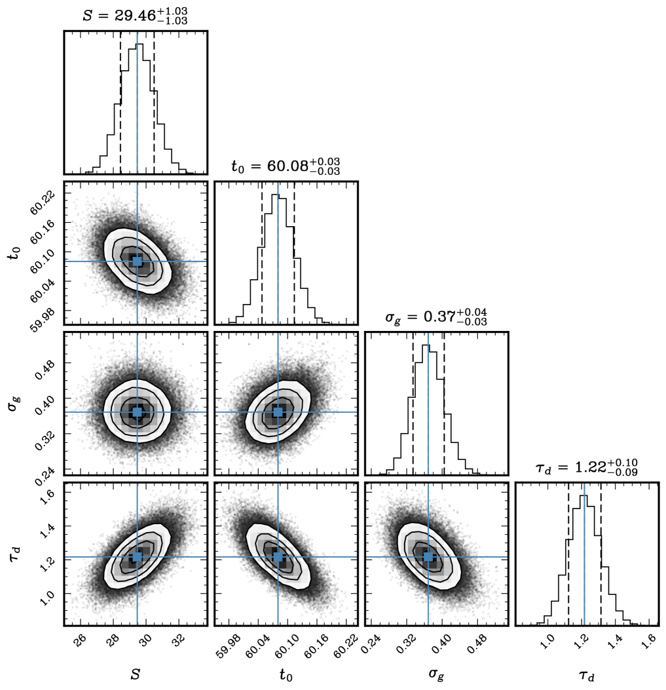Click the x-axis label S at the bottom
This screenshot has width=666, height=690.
pyautogui.click(x=135, y=674)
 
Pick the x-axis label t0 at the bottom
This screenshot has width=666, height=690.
pyautogui.click(x=286, y=674)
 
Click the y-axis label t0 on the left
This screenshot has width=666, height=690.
pyautogui.click(x=13, y=253)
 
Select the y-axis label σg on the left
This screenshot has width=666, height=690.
pyautogui.click(x=13, y=404)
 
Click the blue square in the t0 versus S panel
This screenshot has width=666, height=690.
pyautogui.click(x=137, y=261)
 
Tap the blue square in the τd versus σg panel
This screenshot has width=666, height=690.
pyautogui.click(x=428, y=557)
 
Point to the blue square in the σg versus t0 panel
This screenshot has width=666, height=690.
pyautogui.click(x=278, y=412)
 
